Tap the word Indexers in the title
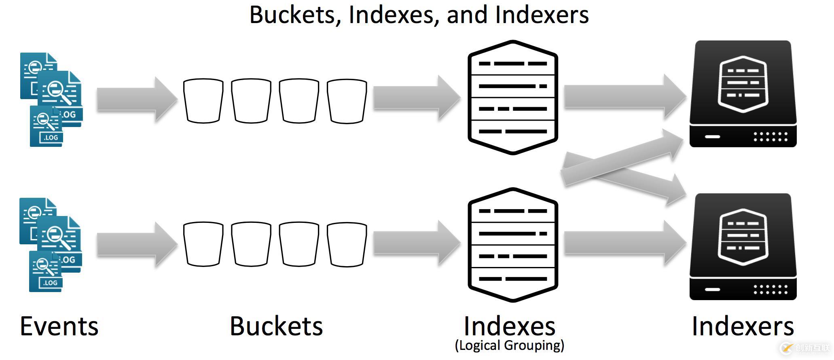pos(542,15)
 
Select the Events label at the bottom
pos(59,326)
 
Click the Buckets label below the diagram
pos(276,326)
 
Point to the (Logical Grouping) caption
pos(509,345)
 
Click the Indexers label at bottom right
pos(743,326)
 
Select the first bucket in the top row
pos(203,101)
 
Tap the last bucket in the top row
pos(347,101)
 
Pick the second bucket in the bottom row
pos(251,244)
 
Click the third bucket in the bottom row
pos(299,244)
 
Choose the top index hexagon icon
pos(513,97)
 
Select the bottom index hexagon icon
pos(513,245)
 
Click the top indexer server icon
pos(743,94)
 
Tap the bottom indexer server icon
pos(743,247)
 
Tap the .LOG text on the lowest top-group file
pos(51,138)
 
